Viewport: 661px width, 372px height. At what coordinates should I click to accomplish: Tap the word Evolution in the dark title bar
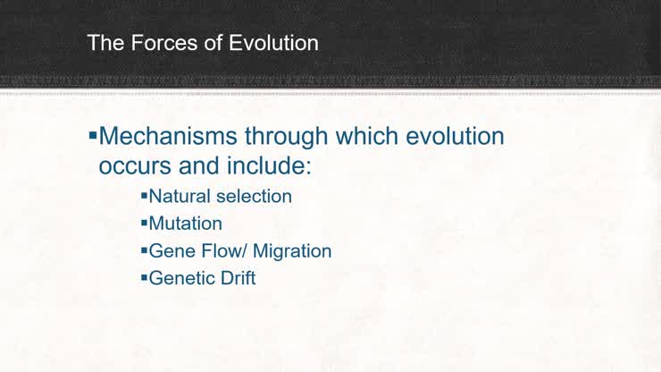point(273,42)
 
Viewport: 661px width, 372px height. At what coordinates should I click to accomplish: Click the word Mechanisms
point(169,137)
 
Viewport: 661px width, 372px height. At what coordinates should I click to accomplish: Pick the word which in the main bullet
point(368,137)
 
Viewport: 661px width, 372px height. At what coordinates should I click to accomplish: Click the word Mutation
point(185,224)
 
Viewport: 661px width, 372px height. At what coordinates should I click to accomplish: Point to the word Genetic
point(182,279)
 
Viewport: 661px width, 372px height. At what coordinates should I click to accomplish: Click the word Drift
point(238,279)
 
